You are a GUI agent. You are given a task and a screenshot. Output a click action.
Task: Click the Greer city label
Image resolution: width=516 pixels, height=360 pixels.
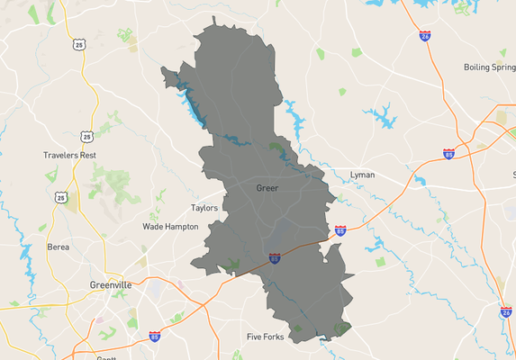[267, 188]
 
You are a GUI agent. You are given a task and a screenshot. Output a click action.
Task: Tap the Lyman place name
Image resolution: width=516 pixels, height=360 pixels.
[362, 175]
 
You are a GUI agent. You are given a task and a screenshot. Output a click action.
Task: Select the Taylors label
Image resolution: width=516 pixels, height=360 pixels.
[205, 208]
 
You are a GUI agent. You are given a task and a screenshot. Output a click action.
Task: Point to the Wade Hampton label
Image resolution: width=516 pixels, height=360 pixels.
[170, 227]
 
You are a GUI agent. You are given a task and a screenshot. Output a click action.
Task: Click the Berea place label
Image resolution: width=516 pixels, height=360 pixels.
[59, 246]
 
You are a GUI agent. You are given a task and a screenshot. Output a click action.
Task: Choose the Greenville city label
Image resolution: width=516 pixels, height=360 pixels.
[111, 284]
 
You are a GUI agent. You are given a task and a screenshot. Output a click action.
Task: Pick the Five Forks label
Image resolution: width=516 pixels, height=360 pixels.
[266, 337]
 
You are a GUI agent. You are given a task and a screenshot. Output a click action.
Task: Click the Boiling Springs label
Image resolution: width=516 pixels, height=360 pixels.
[489, 67]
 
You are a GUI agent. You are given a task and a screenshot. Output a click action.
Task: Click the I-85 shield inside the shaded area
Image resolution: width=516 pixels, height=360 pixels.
[275, 258]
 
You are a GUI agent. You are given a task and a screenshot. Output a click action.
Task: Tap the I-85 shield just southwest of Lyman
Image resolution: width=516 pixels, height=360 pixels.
[340, 231]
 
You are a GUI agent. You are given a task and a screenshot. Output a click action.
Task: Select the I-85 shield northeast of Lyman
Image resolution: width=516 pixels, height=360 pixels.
[448, 154]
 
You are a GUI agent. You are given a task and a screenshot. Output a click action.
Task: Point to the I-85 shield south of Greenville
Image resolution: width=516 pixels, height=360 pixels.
[155, 337]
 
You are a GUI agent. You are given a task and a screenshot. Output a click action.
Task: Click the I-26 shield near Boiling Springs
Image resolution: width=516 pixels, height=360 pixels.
[424, 36]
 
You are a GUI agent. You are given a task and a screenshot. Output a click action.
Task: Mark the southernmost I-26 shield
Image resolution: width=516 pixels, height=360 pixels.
[507, 312]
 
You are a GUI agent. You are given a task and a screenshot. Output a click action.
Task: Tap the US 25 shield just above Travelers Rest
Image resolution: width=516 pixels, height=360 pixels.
[86, 137]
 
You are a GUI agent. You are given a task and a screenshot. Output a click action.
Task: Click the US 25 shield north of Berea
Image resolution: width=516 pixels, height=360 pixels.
[61, 197]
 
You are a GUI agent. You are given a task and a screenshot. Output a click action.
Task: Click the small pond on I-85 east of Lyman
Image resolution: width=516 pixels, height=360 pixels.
[420, 181]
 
